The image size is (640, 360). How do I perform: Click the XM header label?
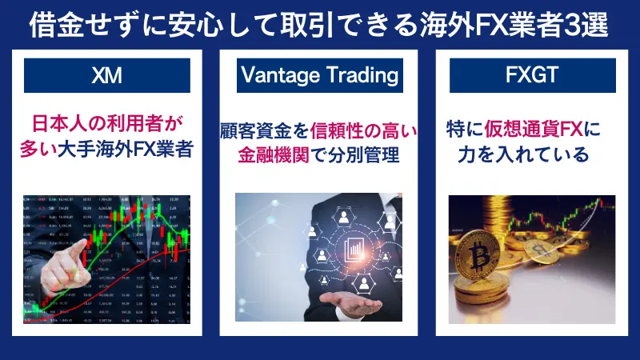[x=106, y=76]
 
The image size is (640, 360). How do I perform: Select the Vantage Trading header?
[x=320, y=76]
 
